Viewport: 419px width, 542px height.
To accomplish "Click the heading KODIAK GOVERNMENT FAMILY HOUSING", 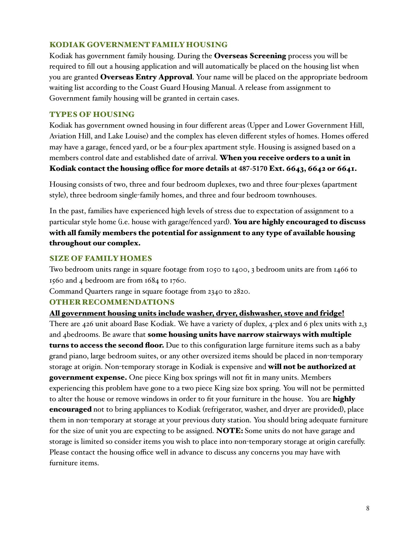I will [138, 45].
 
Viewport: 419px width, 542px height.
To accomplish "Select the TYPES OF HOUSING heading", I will [92, 114].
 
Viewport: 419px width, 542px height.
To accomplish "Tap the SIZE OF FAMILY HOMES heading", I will [101, 258].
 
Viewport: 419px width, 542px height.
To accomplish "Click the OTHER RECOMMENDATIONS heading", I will [112, 302].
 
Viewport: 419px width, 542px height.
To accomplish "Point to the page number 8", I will [368, 508].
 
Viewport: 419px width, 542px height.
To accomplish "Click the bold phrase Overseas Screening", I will [250, 56].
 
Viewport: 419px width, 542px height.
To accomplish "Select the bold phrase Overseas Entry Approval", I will [146, 77].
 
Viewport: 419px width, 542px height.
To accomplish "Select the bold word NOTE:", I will [230, 431].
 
